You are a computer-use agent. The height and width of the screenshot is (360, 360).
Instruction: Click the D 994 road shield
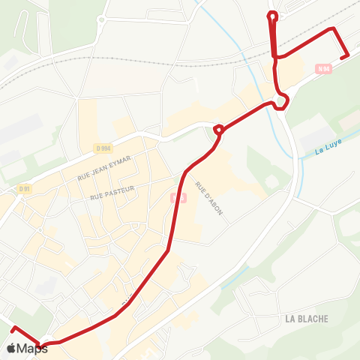(103, 148)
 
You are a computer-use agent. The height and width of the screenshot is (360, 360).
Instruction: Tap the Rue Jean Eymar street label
(104, 168)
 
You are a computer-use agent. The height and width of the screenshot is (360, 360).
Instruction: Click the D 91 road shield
(24, 188)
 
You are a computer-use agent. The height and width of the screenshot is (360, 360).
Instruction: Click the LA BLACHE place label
(307, 319)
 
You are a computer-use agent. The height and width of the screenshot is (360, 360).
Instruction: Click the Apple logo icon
(11, 348)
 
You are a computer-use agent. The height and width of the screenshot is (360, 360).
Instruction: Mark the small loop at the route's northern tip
(273, 14)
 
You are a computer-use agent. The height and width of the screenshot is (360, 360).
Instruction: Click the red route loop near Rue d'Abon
(218, 130)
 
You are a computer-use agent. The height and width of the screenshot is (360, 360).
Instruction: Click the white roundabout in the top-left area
(101, 20)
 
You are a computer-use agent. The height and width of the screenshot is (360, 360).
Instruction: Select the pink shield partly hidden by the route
(177, 197)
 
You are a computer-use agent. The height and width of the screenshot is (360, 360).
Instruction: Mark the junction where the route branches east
(277, 56)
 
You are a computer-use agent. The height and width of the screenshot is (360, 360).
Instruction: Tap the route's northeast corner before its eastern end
(334, 28)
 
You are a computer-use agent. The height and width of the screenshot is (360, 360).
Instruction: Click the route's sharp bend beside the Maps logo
(41, 345)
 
